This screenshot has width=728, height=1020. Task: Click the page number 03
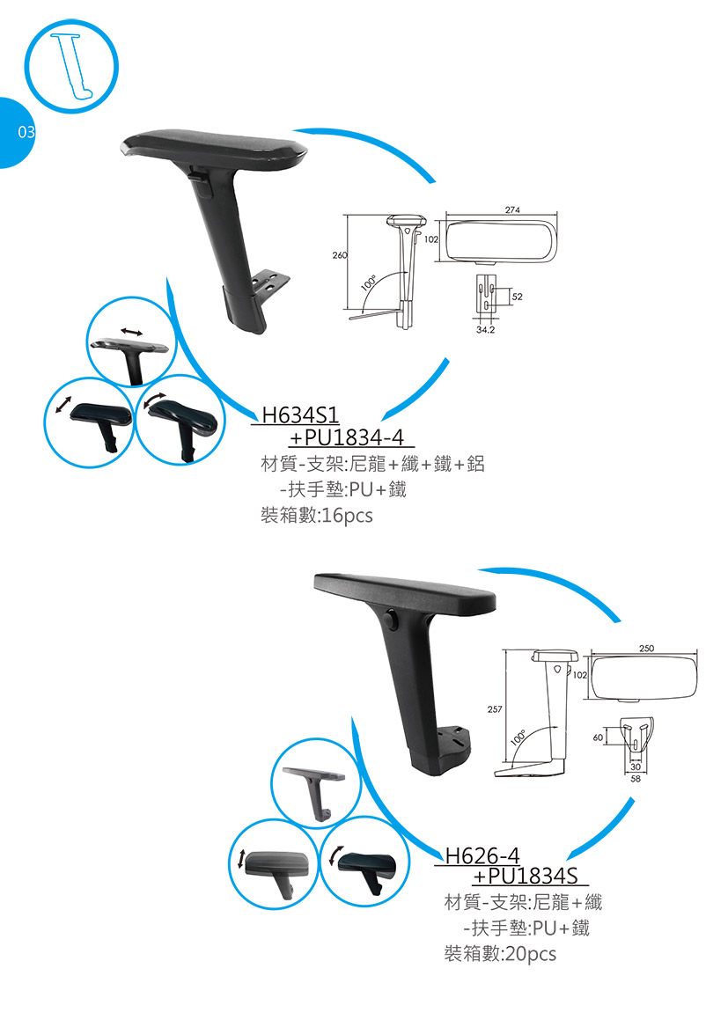[x=26, y=132]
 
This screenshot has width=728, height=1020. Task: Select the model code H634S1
[x=300, y=415]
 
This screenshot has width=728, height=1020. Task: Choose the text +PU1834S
[x=526, y=876]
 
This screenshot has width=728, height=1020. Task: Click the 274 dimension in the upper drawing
[x=512, y=209]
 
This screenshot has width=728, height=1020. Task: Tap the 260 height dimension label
[x=340, y=255]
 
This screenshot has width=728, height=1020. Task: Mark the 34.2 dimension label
[x=485, y=330]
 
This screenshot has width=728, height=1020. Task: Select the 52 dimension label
[x=517, y=297]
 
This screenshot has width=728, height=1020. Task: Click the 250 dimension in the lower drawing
[x=646, y=648]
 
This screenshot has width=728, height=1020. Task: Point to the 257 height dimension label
[x=495, y=709]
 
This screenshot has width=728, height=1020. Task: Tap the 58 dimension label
[x=636, y=778]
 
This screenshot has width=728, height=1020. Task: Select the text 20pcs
[x=531, y=954]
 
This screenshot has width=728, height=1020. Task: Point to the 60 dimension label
[x=597, y=737]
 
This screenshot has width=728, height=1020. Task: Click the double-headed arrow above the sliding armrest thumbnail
[x=131, y=333]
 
